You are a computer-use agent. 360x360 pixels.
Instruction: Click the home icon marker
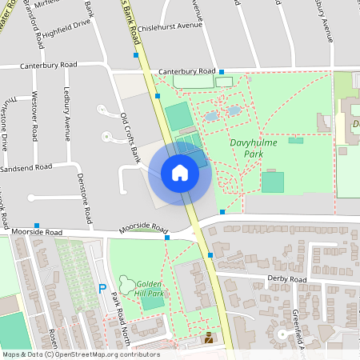click(180, 172)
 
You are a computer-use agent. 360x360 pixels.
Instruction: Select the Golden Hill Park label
click(150, 289)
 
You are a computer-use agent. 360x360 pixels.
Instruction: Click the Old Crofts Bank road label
click(130, 134)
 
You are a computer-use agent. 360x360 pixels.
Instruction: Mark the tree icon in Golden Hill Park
click(126, 282)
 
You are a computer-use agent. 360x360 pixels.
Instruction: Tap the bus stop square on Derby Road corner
click(210, 255)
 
